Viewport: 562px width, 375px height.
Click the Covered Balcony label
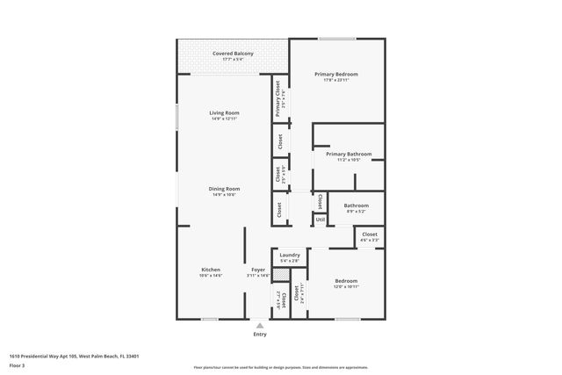click(233, 54)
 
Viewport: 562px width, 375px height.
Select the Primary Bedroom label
click(336, 75)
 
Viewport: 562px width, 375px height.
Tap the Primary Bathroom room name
click(349, 154)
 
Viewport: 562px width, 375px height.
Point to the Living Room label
click(224, 112)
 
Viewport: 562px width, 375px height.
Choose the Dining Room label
click(224, 189)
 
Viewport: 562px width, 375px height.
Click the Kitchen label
click(211, 270)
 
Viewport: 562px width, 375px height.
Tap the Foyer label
click(258, 270)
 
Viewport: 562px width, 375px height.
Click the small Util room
click(321, 219)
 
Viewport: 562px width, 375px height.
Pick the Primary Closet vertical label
click(278, 98)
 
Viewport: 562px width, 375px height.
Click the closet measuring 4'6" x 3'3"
click(370, 235)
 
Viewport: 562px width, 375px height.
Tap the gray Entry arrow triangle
click(260, 325)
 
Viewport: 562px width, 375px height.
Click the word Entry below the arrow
click(260, 335)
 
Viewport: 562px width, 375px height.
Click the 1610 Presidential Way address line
click(74, 356)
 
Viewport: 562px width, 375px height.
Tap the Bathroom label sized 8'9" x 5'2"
click(356, 206)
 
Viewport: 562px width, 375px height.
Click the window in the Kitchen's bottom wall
click(209, 319)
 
